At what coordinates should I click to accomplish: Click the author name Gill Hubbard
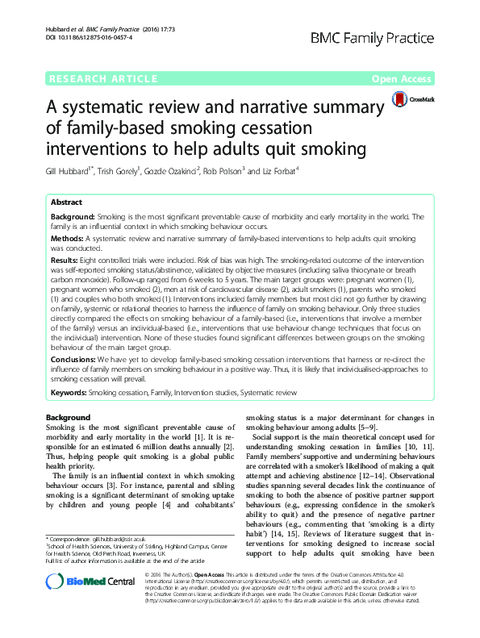(69, 173)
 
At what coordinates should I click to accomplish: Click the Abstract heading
(66, 203)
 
